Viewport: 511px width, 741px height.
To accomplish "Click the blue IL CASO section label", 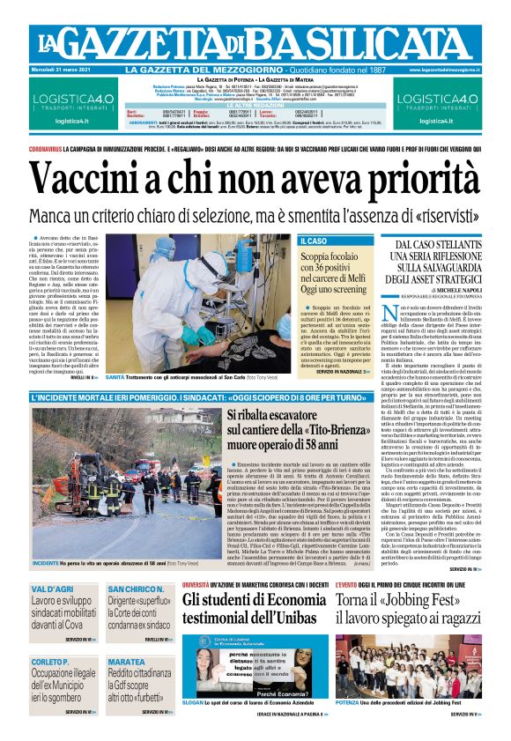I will click(315, 241).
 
